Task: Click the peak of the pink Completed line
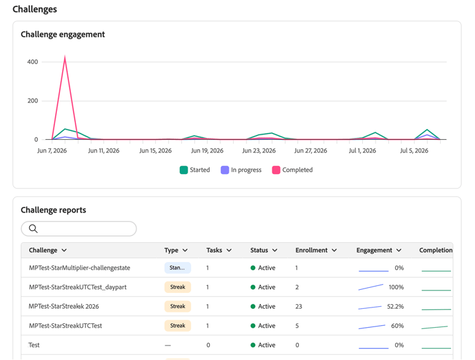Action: click(65, 56)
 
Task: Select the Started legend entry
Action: click(195, 170)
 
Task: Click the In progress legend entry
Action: click(241, 170)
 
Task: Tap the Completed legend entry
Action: click(293, 170)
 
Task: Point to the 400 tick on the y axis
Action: click(33, 62)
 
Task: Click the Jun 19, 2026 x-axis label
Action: click(207, 151)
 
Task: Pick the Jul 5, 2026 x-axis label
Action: click(414, 151)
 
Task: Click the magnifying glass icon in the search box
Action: click(34, 228)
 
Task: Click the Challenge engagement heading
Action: click(63, 35)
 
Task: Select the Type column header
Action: click(171, 250)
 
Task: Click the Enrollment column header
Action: click(312, 250)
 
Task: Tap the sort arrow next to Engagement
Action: click(399, 250)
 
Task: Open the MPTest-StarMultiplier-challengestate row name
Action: click(79, 268)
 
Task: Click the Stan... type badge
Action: click(177, 268)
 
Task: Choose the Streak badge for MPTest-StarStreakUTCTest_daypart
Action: click(177, 287)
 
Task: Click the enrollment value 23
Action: click(299, 306)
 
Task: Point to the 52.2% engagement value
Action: click(395, 306)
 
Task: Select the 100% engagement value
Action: click(396, 287)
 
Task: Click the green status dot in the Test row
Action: click(253, 345)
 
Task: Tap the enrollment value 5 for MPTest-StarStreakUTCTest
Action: click(297, 326)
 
